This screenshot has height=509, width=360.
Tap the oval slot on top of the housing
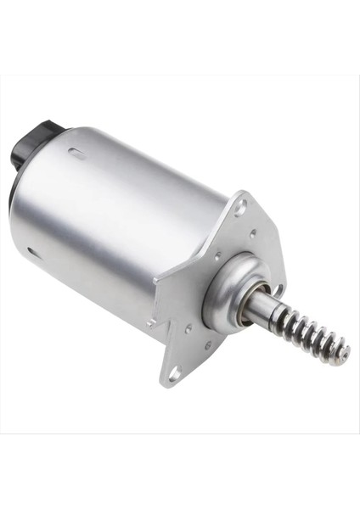coord(77,154)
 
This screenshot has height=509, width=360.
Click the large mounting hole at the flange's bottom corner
coord(174,374)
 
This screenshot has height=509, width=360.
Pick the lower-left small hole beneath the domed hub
coord(190,326)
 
